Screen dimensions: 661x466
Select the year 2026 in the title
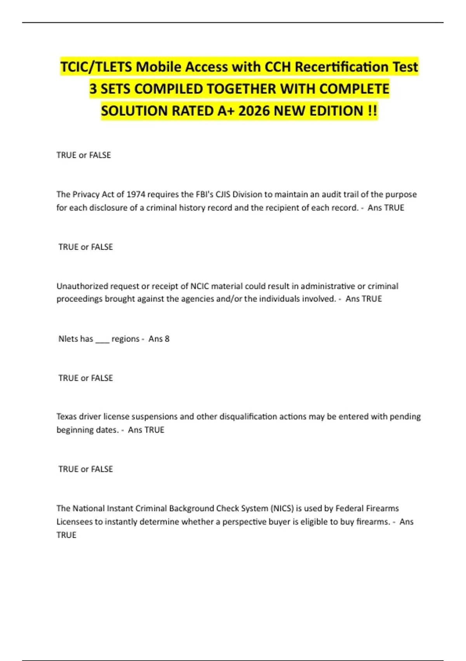pyautogui.click(x=254, y=111)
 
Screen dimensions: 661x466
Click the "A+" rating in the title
pyautogui.click(x=226, y=111)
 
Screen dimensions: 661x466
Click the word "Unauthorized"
pyautogui.click(x=82, y=286)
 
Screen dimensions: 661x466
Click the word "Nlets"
pyautogui.click(x=68, y=339)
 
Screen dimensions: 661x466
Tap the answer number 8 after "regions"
pyautogui.click(x=167, y=339)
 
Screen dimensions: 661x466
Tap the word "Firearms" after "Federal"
pyautogui.click(x=383, y=508)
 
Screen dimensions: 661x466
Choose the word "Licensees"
pyautogui.click(x=74, y=522)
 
